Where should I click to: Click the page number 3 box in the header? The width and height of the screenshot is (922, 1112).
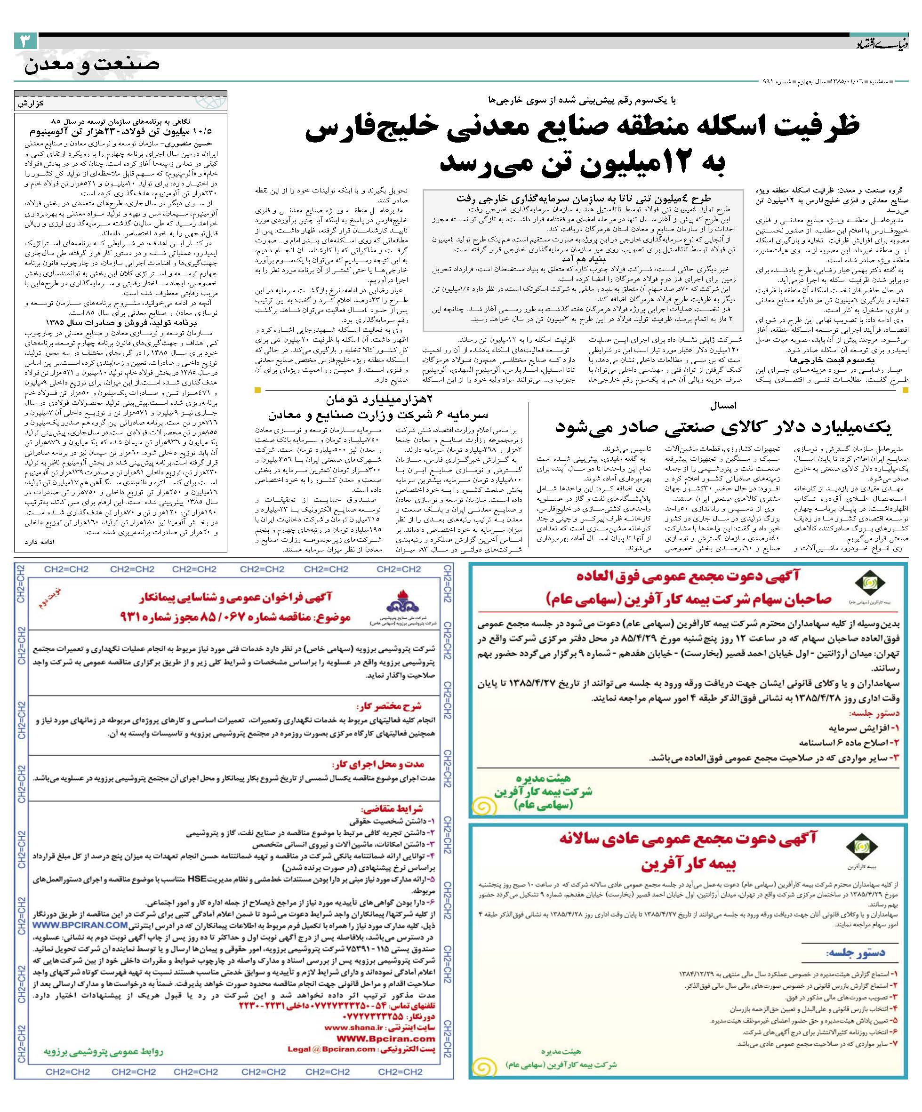pyautogui.click(x=25, y=41)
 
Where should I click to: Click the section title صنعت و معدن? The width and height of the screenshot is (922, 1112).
pyautogui.click(x=91, y=65)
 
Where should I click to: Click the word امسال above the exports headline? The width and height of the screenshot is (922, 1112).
pyautogui.click(x=723, y=406)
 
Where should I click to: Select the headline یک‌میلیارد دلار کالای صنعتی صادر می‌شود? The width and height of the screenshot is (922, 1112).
pyautogui.click(x=723, y=427)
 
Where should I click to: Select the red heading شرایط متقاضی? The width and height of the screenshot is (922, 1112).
pyautogui.click(x=392, y=808)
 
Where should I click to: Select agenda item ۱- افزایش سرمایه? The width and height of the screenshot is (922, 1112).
pyautogui.click(x=864, y=728)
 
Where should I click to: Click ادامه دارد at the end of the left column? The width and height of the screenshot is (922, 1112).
pyautogui.click(x=39, y=542)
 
